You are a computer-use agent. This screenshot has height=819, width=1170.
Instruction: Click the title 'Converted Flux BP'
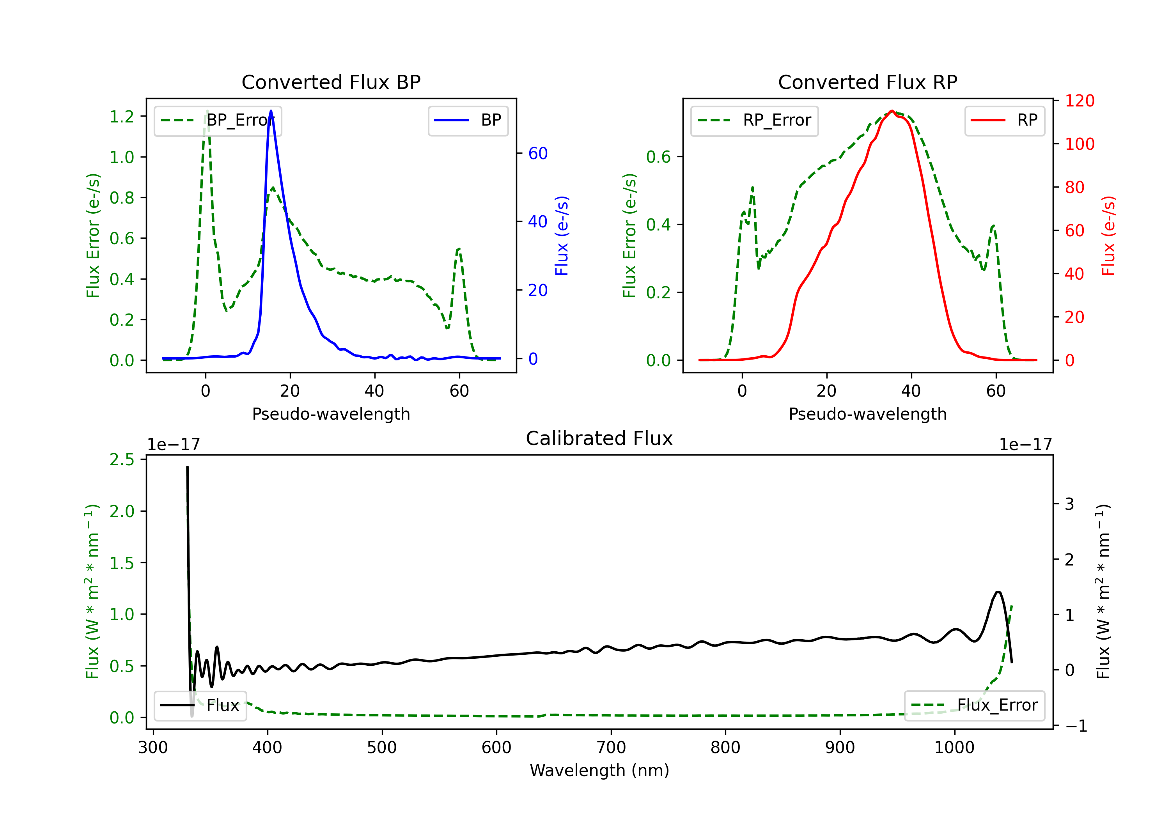pos(331,82)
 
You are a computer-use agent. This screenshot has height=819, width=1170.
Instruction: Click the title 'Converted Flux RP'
pos(867,82)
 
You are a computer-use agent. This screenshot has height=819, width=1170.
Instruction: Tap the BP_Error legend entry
pos(218,120)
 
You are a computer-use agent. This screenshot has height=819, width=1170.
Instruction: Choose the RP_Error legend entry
pos(754,120)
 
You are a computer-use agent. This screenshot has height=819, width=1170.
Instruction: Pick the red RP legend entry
pos(1004,120)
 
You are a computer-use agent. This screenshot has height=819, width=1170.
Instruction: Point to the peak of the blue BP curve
pos(271,111)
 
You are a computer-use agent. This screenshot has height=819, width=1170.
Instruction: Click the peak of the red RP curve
pos(892,111)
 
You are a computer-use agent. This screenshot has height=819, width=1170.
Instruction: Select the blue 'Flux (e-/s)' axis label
pos(562,236)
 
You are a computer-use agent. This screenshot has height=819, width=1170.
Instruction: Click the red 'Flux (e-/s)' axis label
pos(1108,236)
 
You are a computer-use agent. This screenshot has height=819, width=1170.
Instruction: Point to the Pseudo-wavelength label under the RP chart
pos(867,414)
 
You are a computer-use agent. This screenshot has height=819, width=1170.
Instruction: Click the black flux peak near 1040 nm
pos(998,592)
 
